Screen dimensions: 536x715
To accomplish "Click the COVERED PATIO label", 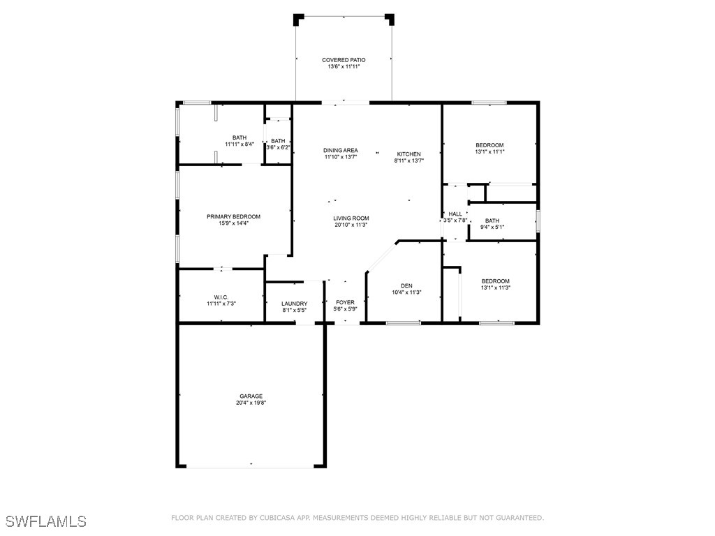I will click(343, 60).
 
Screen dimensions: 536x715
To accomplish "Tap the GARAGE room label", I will click(251, 396).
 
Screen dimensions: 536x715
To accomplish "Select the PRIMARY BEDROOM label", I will click(233, 216).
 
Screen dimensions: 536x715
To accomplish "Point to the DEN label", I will click(406, 285).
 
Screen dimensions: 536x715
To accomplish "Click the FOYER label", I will click(345, 302).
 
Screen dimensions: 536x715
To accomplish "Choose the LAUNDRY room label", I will click(294, 304).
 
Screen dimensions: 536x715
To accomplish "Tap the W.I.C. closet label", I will click(221, 297).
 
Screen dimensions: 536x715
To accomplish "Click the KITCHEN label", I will click(408, 154).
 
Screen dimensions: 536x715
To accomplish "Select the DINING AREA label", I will click(341, 150).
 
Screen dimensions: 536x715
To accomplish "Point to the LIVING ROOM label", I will click(351, 218).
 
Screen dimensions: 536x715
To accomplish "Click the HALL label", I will click(455, 214).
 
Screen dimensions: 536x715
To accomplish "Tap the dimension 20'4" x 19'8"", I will click(251, 403).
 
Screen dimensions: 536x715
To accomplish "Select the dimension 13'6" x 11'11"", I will click(343, 67).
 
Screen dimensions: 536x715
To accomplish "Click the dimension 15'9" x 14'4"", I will click(233, 223).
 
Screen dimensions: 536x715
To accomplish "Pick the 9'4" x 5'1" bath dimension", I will click(492, 227).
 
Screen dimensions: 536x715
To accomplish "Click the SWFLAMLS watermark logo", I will click(45, 521).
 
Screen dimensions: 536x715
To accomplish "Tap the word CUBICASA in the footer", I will click(287, 518).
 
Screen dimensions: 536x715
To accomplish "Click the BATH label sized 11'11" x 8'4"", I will click(239, 137).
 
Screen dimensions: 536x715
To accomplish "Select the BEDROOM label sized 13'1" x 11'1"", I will click(489, 145).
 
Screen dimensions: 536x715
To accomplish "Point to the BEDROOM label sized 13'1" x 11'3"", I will click(495, 281).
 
